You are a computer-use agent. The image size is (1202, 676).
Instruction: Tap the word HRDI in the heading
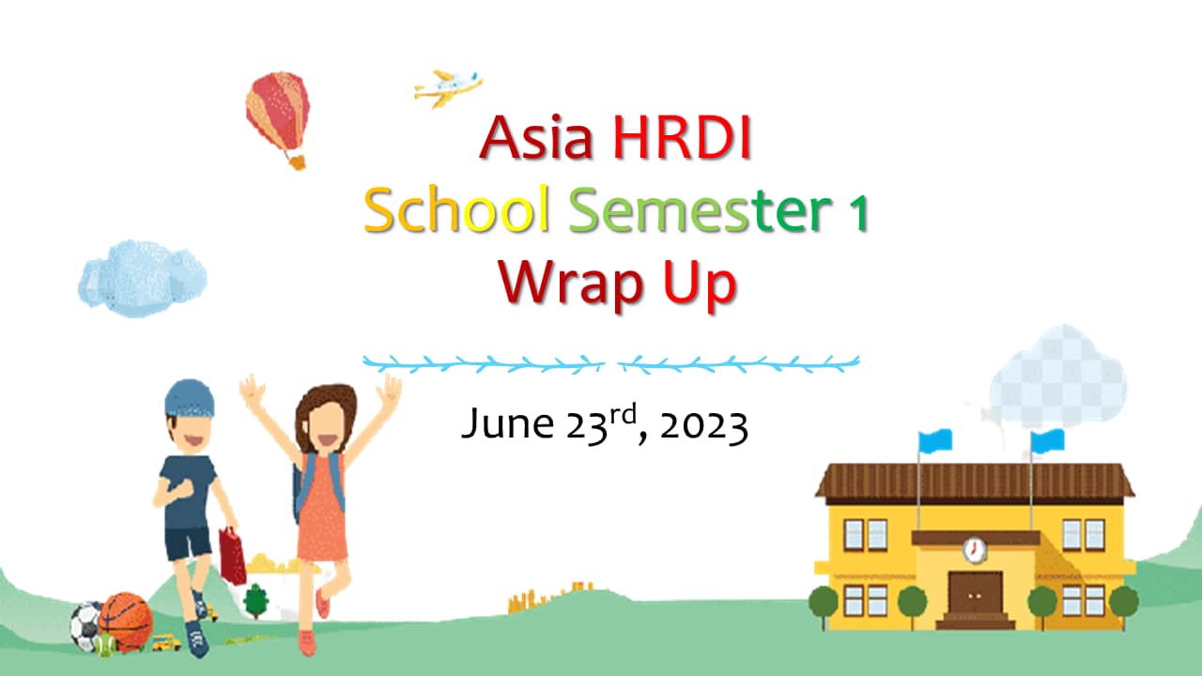pos(682,137)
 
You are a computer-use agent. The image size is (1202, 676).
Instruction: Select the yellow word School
pos(457,209)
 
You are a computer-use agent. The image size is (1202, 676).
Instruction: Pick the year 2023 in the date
pos(704,426)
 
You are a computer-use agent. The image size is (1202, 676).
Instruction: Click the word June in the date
pos(508,423)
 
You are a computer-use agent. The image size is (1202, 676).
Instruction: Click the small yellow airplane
pos(449,88)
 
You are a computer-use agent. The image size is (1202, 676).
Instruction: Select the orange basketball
pos(126,622)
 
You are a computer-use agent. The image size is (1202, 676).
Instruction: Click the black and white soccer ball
pos(85,625)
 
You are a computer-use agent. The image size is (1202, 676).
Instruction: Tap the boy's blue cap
pos(189,398)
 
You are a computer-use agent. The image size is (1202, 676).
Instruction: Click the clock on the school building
pos(975,549)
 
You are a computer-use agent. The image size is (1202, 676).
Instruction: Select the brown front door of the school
pos(975,595)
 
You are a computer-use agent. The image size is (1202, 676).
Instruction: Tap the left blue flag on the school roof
pos(934,440)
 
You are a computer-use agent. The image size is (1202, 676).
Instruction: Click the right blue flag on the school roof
pos(1047,440)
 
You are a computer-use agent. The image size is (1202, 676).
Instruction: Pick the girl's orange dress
pos(322,508)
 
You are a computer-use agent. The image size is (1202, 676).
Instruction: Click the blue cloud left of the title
pos(142,278)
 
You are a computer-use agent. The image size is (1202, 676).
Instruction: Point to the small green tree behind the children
pos(256,601)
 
